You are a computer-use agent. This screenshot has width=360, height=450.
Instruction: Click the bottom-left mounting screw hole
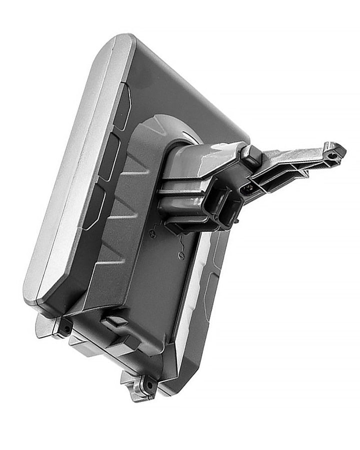(x=65, y=329)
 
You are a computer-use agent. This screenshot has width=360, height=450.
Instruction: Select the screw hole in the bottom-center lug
(x=148, y=385)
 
